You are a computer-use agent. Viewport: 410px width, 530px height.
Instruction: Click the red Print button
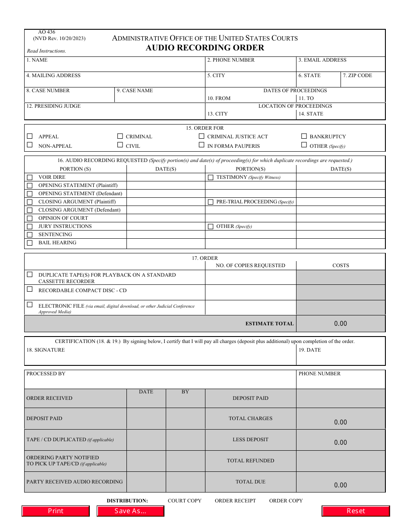tap(56, 511)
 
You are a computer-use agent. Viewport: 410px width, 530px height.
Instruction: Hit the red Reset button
tap(356, 511)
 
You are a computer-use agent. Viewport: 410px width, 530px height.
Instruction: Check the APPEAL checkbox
tap(30, 136)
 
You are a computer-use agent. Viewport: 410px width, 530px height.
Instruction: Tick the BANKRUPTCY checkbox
tap(304, 136)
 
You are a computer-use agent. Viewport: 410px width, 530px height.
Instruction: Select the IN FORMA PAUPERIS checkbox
tap(202, 145)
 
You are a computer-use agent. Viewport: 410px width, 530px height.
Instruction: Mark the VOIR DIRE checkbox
tap(30, 177)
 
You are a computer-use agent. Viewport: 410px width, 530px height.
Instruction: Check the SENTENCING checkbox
tap(30, 235)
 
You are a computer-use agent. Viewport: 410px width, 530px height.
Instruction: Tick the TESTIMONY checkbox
tap(211, 177)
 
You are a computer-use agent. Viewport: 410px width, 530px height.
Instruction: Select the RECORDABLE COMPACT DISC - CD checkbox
tap(30, 290)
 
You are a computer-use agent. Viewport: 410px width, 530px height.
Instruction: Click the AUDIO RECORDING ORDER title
tap(205, 48)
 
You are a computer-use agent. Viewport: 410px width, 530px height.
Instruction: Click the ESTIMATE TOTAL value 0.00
tap(341, 324)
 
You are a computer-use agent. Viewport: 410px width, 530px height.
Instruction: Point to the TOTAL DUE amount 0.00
tap(341, 485)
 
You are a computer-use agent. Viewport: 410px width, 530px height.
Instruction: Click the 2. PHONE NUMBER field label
tap(231, 60)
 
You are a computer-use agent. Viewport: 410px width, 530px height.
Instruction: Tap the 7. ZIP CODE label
tap(357, 75)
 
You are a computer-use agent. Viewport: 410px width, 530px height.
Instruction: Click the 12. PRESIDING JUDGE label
tap(54, 106)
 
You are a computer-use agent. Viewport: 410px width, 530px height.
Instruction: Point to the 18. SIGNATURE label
tap(46, 350)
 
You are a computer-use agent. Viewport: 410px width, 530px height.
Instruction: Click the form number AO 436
tap(44, 32)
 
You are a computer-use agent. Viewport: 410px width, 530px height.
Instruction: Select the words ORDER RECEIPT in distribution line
tap(235, 501)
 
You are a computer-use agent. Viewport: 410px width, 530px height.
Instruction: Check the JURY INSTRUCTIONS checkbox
tap(30, 227)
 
